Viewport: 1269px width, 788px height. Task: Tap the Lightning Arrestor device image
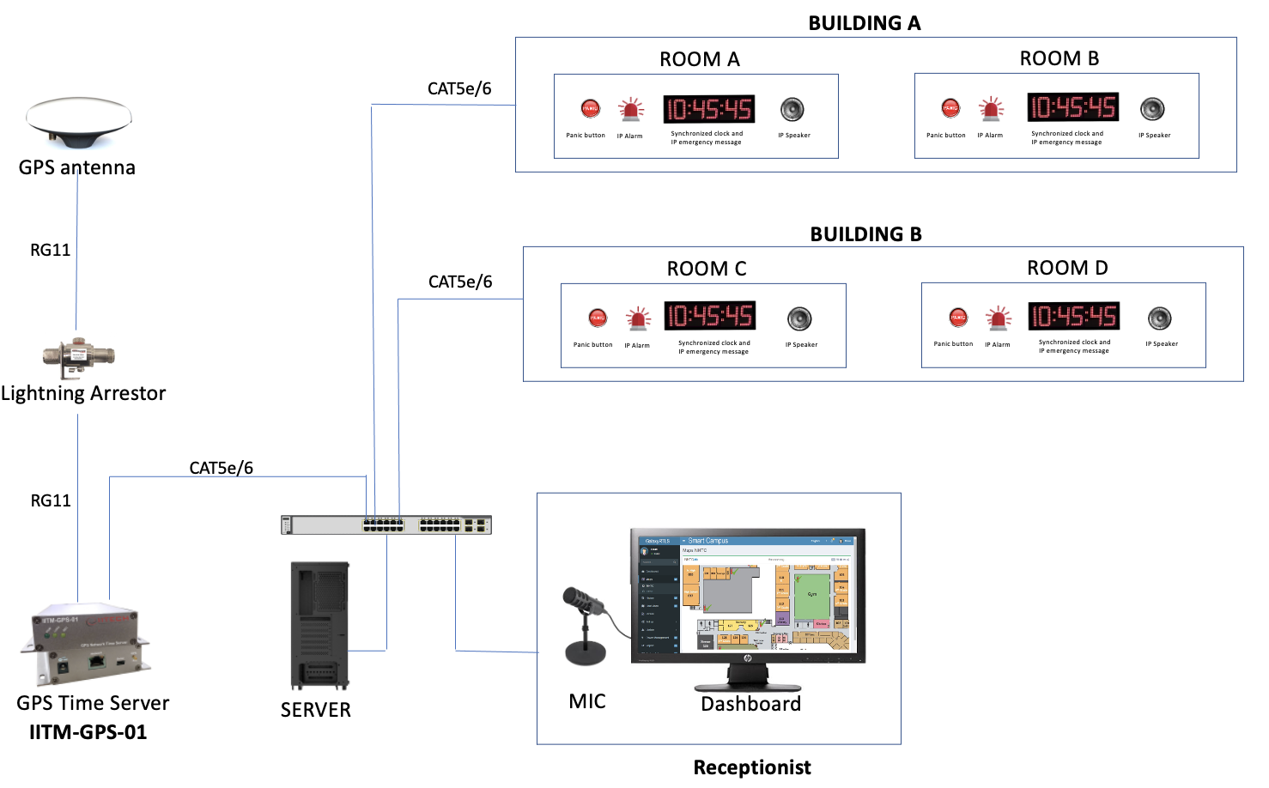[78, 357]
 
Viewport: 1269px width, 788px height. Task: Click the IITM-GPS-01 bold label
[88, 732]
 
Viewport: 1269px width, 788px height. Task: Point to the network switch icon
[386, 524]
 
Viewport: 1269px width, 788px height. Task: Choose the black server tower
[320, 625]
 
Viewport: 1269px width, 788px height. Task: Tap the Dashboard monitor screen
[747, 595]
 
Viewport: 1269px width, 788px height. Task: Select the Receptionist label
[751, 767]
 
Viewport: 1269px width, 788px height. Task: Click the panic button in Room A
[590, 109]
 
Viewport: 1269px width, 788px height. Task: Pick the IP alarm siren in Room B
[992, 109]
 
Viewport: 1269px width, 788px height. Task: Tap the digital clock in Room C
[709, 316]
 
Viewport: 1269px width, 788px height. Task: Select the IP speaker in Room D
[1159, 318]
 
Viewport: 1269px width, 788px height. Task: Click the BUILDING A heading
[864, 23]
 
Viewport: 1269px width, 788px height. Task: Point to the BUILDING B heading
[865, 234]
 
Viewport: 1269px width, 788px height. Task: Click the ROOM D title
[1067, 268]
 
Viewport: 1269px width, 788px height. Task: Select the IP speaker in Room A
[792, 110]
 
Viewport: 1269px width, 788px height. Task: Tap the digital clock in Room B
[1073, 107]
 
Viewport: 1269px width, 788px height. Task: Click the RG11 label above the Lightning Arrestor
[50, 250]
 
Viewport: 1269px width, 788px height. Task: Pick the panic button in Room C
[598, 318]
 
